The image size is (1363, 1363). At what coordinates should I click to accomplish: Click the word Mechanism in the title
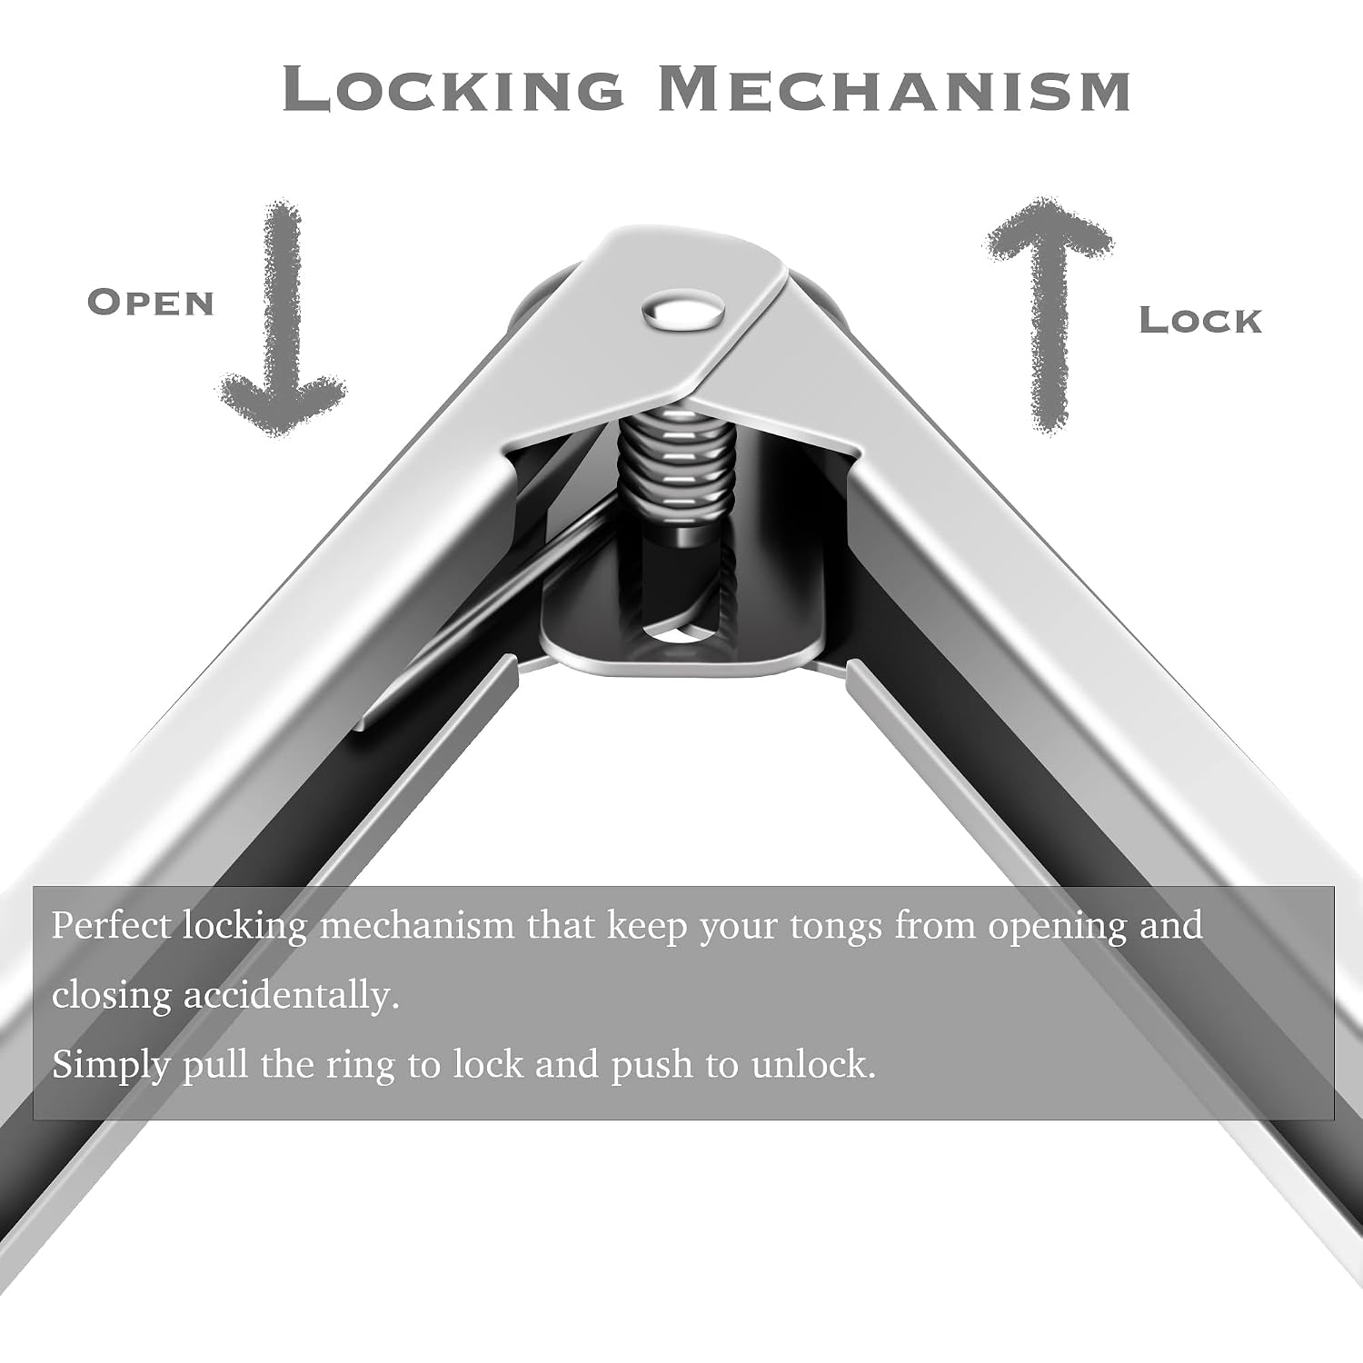[894, 88]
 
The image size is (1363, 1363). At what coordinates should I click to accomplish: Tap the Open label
[151, 303]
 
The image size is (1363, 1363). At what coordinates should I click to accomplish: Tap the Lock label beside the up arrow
[1200, 320]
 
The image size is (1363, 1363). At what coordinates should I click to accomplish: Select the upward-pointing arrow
[1050, 313]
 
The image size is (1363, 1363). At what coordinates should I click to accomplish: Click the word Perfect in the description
[111, 926]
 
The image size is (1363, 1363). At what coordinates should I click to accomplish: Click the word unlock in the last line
[813, 1064]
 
